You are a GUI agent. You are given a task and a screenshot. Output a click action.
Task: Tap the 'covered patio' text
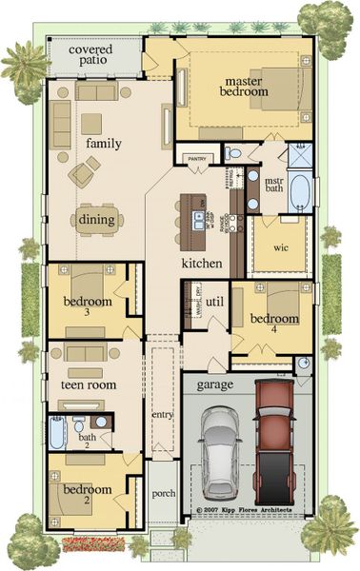(80, 53)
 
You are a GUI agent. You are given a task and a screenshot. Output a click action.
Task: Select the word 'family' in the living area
(103, 143)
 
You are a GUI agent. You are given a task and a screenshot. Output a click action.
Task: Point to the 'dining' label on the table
(97, 220)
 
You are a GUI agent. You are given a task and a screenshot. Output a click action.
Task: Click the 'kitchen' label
(202, 263)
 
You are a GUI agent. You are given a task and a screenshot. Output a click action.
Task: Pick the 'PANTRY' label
(198, 159)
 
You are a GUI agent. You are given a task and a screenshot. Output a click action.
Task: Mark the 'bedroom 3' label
(88, 306)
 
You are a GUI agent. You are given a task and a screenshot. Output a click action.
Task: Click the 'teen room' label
(89, 385)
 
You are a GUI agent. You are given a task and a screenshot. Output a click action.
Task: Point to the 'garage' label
(215, 385)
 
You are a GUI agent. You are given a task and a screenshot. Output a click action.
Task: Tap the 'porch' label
(162, 494)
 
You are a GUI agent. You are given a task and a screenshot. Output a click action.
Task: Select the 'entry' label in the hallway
(162, 416)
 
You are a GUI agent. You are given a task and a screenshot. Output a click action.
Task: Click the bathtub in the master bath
(300, 192)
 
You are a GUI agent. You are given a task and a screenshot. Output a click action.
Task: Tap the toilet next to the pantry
(234, 152)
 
